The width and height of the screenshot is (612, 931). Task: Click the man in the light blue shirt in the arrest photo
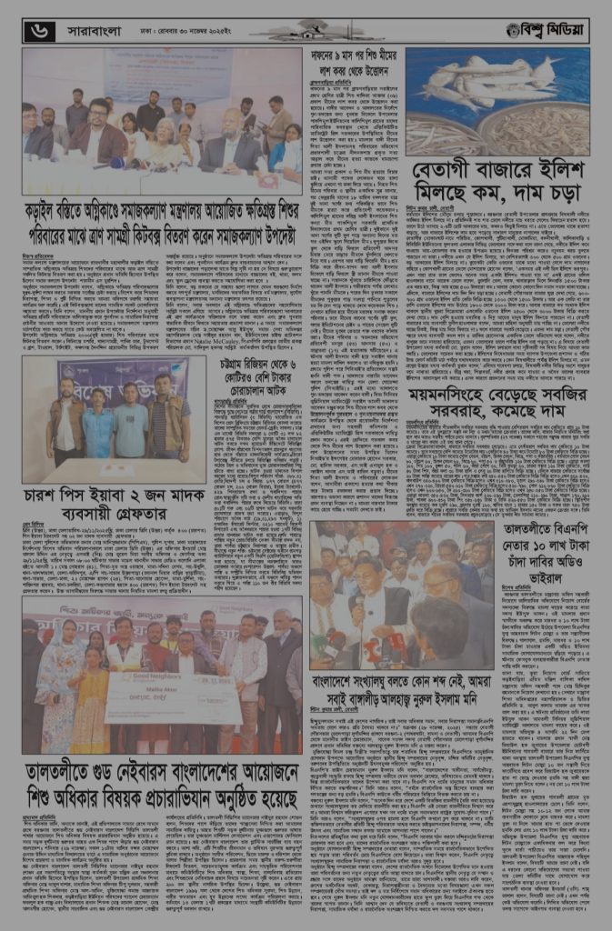[98, 426]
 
